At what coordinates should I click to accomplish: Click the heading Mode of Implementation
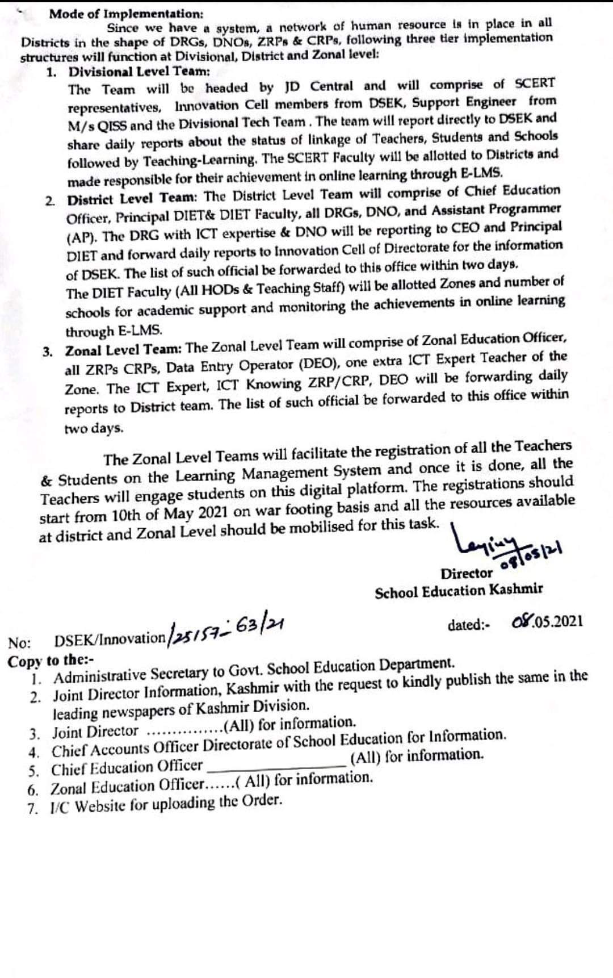pyautogui.click(x=128, y=14)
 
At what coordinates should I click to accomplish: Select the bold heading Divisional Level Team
pyautogui.click(x=139, y=72)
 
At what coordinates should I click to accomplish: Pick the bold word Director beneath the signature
pyautogui.click(x=467, y=574)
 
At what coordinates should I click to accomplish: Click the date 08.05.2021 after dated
pyautogui.click(x=547, y=621)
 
